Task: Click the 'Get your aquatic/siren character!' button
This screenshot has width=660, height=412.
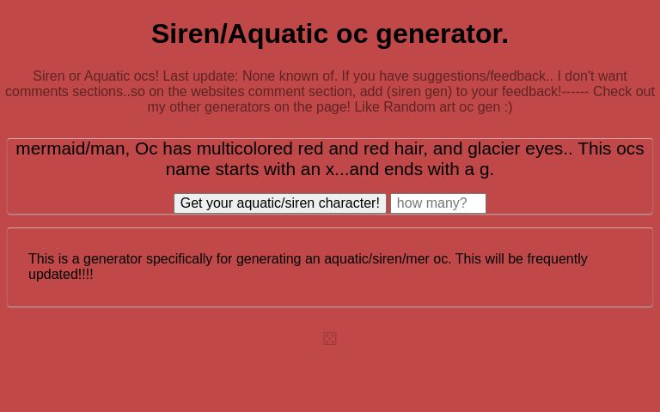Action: [279, 203]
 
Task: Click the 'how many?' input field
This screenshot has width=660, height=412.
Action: [437, 203]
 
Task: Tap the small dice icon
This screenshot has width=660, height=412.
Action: [330, 339]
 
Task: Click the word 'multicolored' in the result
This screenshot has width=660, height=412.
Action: [244, 148]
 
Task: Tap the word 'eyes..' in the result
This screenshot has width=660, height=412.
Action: [548, 148]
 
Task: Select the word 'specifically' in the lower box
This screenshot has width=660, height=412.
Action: [184, 259]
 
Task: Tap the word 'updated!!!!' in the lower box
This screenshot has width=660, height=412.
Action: [61, 275]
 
